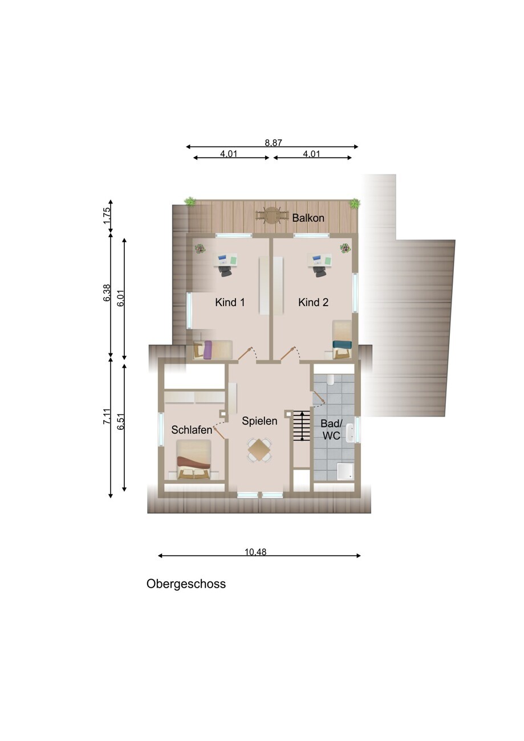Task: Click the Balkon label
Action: (308, 218)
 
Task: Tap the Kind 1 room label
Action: (230, 302)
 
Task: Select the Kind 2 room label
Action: (313, 302)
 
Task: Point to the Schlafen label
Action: (192, 430)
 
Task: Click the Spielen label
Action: (259, 421)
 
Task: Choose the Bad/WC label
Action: (331, 429)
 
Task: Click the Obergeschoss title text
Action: (186, 584)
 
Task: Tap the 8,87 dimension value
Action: (273, 143)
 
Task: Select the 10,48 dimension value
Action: (255, 552)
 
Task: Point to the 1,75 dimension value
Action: (107, 216)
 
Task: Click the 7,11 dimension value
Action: (107, 417)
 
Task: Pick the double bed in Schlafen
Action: (193, 459)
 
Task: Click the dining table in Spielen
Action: (259, 450)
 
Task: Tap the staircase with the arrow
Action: (302, 426)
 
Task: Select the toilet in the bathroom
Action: (331, 380)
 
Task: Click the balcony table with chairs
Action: (272, 215)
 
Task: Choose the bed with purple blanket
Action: (213, 349)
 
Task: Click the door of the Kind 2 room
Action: (288, 353)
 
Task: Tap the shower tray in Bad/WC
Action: (345, 471)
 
